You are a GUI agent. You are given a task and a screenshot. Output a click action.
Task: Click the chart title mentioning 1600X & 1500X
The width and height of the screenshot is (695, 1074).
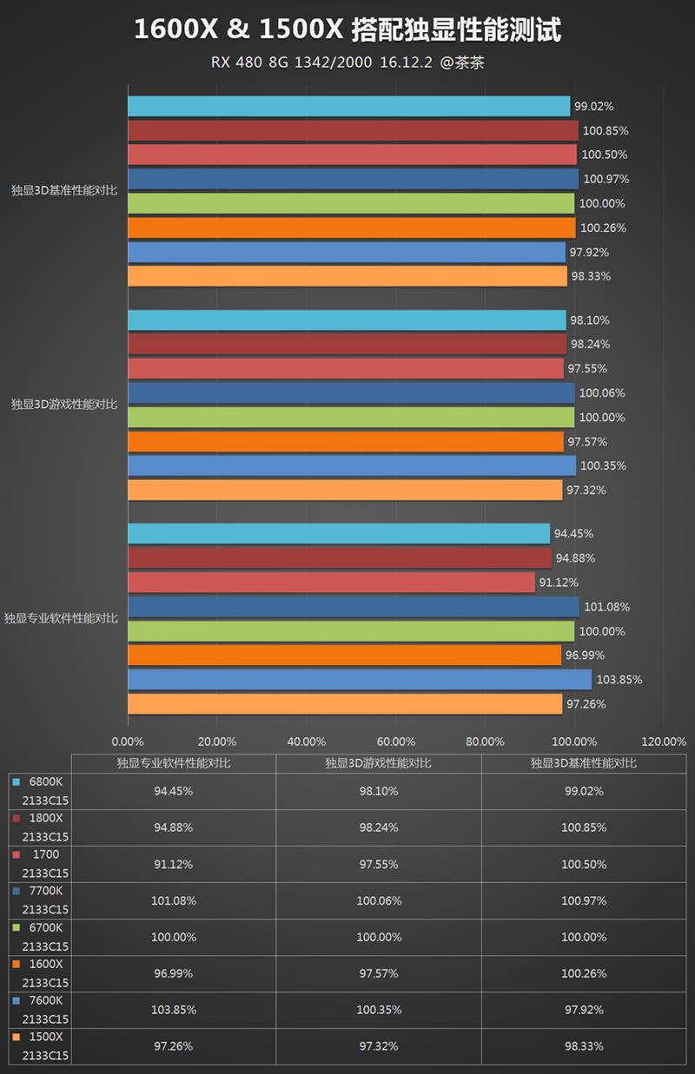click(x=347, y=31)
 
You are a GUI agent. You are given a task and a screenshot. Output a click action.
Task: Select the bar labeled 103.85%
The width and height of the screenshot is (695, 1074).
click(x=359, y=679)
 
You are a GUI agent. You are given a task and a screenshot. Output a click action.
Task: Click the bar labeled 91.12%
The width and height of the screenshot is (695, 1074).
click(x=331, y=582)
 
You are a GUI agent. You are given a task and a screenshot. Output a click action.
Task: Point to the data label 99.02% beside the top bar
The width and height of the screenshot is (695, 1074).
click(x=594, y=106)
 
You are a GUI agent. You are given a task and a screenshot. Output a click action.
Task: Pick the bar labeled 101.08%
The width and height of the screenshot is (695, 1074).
click(x=353, y=606)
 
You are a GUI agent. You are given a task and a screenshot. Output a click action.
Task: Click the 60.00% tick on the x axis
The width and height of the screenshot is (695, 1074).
click(x=395, y=741)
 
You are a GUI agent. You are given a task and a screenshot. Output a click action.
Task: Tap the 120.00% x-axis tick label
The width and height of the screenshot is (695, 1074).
click(x=663, y=741)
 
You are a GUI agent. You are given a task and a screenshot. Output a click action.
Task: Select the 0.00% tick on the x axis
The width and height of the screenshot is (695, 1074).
click(x=128, y=741)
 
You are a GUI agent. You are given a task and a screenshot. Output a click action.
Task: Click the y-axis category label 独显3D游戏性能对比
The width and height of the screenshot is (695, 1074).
click(x=63, y=405)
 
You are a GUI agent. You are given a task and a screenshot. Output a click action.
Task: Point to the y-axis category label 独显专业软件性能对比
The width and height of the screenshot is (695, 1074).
click(x=60, y=618)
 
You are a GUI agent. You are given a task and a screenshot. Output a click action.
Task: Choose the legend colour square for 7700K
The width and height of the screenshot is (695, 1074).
click(x=16, y=891)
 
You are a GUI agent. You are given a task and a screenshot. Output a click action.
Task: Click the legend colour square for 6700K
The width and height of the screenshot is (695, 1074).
click(x=16, y=927)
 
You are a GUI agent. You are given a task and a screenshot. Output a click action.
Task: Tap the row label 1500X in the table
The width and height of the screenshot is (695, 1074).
click(x=46, y=1037)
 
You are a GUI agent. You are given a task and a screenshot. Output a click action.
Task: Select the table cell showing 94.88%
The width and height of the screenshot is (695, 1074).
click(x=174, y=827)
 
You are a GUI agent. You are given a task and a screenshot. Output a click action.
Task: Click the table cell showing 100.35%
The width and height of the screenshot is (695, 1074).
click(x=378, y=1010)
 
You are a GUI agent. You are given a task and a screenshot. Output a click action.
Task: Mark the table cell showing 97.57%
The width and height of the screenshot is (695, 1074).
click(x=378, y=973)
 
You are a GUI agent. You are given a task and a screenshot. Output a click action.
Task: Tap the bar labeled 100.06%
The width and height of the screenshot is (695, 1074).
click(x=351, y=392)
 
